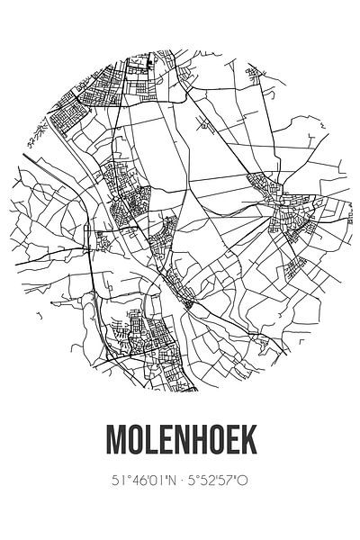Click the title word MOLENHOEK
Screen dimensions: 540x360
tap(180, 438)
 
